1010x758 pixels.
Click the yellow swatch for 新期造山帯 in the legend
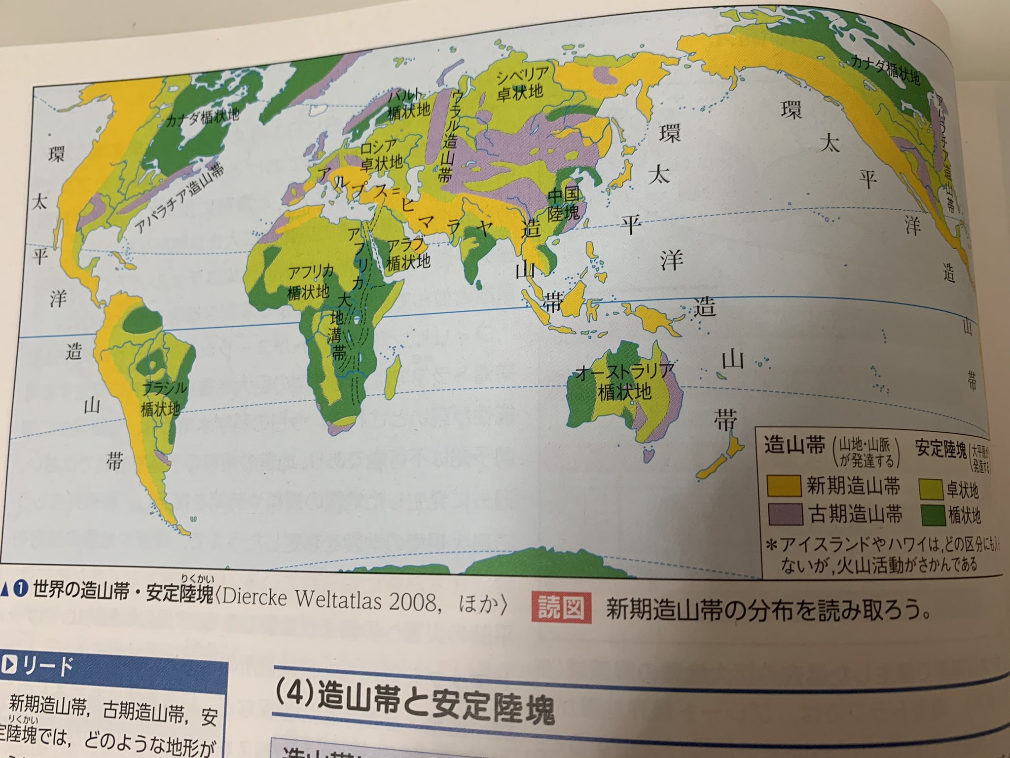tap(783, 485)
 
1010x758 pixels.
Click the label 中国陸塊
tap(564, 205)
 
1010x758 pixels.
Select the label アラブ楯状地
tap(408, 253)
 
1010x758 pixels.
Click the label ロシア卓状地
tap(380, 154)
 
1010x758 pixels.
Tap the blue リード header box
tap(113, 667)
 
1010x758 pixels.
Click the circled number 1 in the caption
tap(20, 590)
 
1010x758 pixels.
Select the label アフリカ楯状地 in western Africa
tap(310, 281)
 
